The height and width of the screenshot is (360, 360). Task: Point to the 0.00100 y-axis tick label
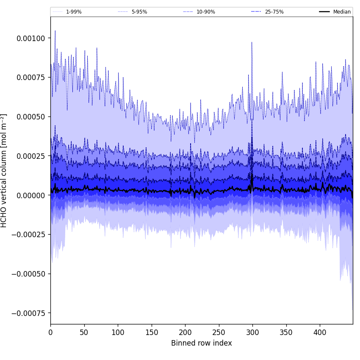(x=31, y=38)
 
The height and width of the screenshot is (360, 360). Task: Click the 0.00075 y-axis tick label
(x=31, y=78)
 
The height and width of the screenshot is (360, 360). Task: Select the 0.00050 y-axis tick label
(x=31, y=117)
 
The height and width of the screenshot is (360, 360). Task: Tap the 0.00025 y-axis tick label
(x=31, y=156)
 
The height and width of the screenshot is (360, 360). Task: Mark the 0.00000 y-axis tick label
(x=31, y=195)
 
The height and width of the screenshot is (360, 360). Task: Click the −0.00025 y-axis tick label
(x=29, y=235)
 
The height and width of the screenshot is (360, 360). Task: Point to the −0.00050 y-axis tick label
(x=29, y=274)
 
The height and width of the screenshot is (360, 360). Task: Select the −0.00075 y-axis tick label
(x=29, y=313)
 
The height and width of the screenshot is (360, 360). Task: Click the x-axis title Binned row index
(x=202, y=343)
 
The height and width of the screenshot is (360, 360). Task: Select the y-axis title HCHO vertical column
(x=4, y=170)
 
